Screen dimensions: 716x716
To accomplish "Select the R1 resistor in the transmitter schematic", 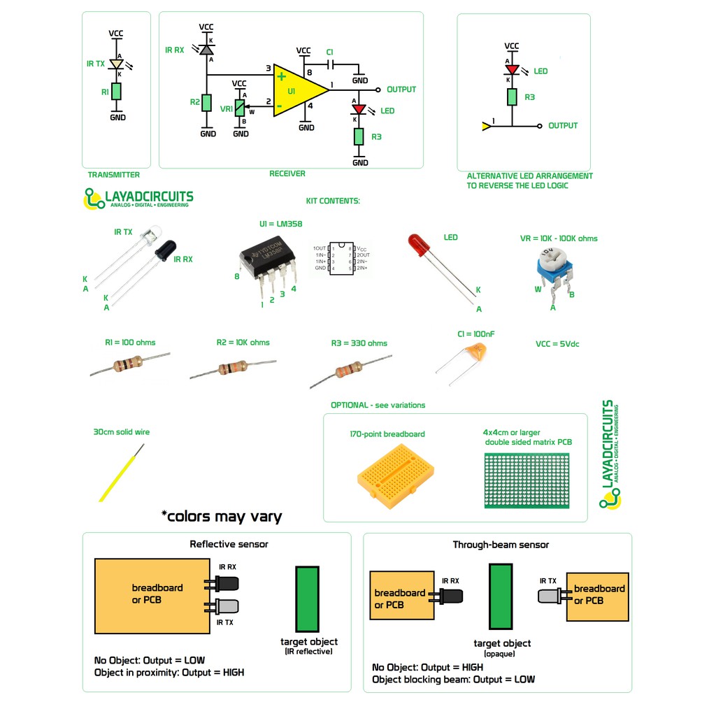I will tap(117, 91).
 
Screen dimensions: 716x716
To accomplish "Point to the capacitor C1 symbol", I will tap(331, 64).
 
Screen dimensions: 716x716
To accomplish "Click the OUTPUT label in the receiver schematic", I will tap(401, 89).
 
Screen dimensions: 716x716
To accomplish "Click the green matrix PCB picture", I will tap(527, 480).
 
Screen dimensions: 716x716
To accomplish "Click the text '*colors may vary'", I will tap(221, 517).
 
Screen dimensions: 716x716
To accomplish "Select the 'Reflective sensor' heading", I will tap(229, 544).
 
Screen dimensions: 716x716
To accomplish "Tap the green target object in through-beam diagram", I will tap(501, 596).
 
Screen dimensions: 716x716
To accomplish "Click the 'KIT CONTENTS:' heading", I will tap(333, 201).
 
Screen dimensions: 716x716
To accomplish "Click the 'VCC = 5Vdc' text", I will tap(557, 344).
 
